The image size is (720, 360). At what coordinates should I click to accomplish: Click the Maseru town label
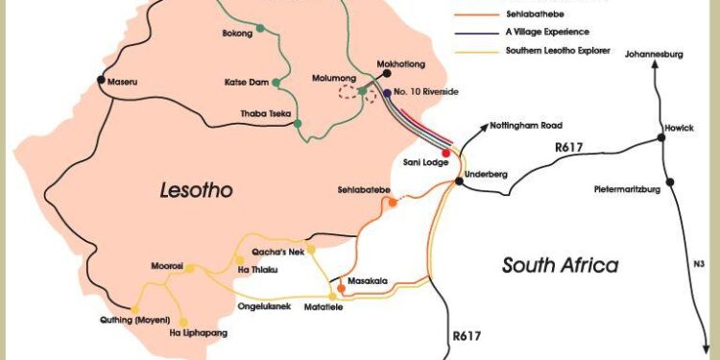(x=122, y=83)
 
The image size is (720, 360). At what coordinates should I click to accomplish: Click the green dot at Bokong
(x=261, y=33)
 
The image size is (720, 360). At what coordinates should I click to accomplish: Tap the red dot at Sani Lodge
(x=445, y=152)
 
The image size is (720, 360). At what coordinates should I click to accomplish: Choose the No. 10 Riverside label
(x=427, y=91)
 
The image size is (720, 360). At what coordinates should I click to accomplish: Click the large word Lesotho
(x=196, y=191)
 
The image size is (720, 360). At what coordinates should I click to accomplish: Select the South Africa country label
(x=561, y=265)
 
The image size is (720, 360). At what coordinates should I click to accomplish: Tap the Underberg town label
(x=485, y=174)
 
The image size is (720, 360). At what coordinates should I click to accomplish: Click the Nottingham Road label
(x=525, y=126)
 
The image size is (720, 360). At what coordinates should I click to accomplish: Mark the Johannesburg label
(x=653, y=56)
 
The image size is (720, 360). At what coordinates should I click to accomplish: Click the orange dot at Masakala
(x=341, y=288)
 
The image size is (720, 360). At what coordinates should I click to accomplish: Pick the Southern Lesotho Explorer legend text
(x=558, y=49)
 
